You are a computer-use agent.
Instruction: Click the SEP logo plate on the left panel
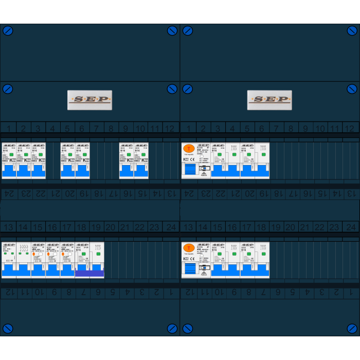[x=89, y=100]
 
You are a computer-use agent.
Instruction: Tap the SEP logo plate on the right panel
[x=269, y=100]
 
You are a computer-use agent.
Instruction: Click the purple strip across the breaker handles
[x=89, y=274]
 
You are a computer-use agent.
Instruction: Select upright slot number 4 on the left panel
[x=52, y=128]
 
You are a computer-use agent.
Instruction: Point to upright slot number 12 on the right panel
[x=349, y=128]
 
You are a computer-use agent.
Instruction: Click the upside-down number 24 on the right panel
[x=189, y=194]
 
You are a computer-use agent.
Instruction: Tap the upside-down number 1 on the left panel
[x=170, y=293]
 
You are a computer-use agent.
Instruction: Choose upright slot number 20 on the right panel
[x=291, y=227]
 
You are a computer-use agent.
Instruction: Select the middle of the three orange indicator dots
[x=48, y=254]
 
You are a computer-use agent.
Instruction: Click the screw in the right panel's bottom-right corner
[x=352, y=328]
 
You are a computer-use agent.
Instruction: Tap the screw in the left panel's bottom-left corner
[x=8, y=328]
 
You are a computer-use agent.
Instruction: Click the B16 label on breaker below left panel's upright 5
[x=64, y=151]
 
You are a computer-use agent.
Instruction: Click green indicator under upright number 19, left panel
[x=98, y=254]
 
